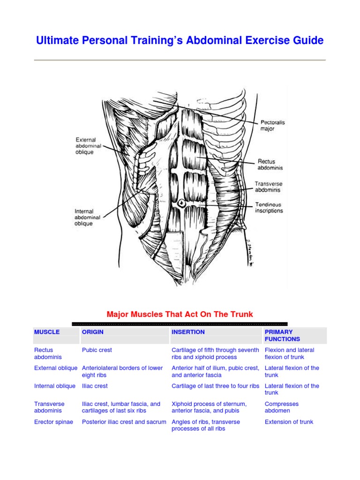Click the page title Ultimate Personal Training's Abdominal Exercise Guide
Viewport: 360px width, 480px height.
(x=180, y=41)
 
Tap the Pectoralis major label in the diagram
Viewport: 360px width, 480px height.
(x=273, y=126)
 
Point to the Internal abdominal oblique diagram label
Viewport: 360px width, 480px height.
(x=84, y=217)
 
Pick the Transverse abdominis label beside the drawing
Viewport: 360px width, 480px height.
(x=269, y=187)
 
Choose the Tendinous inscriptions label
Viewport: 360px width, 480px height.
(x=269, y=208)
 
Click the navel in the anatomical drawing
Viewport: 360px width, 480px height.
(x=181, y=203)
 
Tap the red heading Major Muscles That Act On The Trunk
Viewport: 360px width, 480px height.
(x=180, y=314)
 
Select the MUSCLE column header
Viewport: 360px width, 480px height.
(x=47, y=332)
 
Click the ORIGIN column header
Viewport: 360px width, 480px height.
(x=93, y=332)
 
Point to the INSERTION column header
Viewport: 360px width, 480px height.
(x=188, y=332)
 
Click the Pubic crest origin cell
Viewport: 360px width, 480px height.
(x=97, y=350)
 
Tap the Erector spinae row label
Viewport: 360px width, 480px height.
(x=54, y=422)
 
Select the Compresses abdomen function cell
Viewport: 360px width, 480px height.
(x=282, y=407)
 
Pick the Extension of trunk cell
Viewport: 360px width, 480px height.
(x=289, y=422)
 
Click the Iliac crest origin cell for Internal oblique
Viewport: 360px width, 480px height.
(x=95, y=386)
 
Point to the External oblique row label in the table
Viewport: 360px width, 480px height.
(x=56, y=368)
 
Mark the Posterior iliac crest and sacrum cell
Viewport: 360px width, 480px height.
(x=124, y=422)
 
